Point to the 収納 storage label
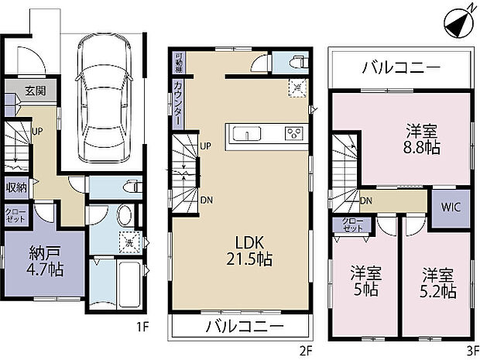tap(17, 187)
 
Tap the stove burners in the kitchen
tap(293, 133)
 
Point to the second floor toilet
tap(294, 63)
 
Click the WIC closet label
tap(451, 207)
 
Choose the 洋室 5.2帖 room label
tap(438, 283)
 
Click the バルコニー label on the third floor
tap(401, 69)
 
